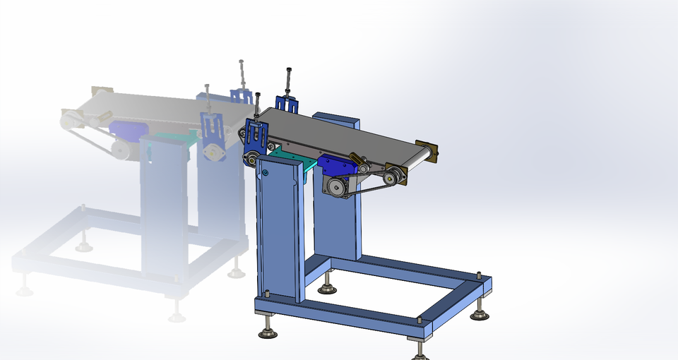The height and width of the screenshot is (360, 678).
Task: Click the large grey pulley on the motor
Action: [336, 186]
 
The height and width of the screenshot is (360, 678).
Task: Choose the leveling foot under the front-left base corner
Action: [267, 328]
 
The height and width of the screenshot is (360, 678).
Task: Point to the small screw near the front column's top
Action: [266, 172]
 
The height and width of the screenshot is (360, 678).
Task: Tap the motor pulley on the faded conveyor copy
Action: [119, 148]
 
